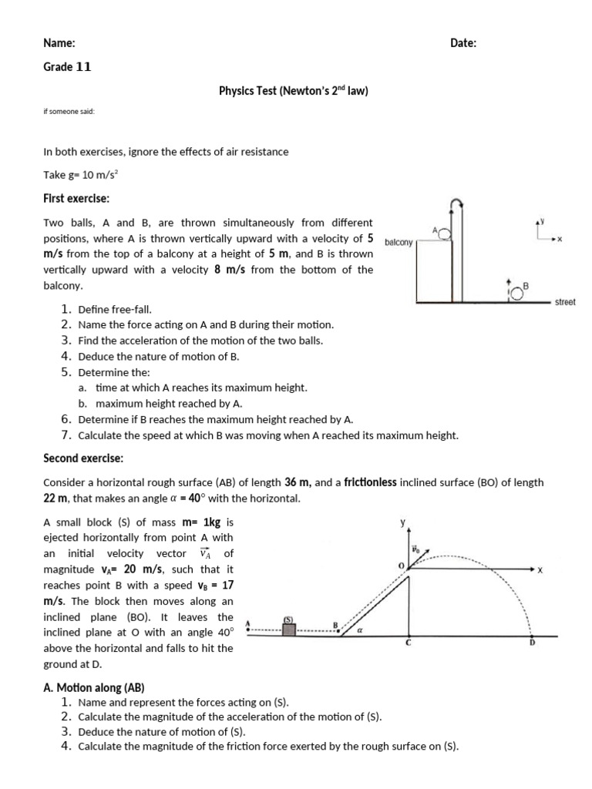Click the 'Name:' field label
[x=59, y=43]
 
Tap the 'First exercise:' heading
[x=76, y=198]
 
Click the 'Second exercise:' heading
[x=83, y=458]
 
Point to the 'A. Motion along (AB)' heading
[x=94, y=687]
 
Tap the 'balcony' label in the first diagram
[x=399, y=241]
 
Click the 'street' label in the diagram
[x=565, y=302]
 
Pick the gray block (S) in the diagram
[x=289, y=630]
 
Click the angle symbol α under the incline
[x=360, y=630]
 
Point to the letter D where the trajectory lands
[x=531, y=643]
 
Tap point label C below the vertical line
[x=409, y=643]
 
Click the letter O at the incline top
[x=401, y=566]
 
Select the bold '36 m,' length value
[x=298, y=482]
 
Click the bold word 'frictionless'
[x=371, y=482]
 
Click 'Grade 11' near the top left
[x=67, y=67]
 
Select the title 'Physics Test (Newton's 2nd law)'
[x=294, y=91]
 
